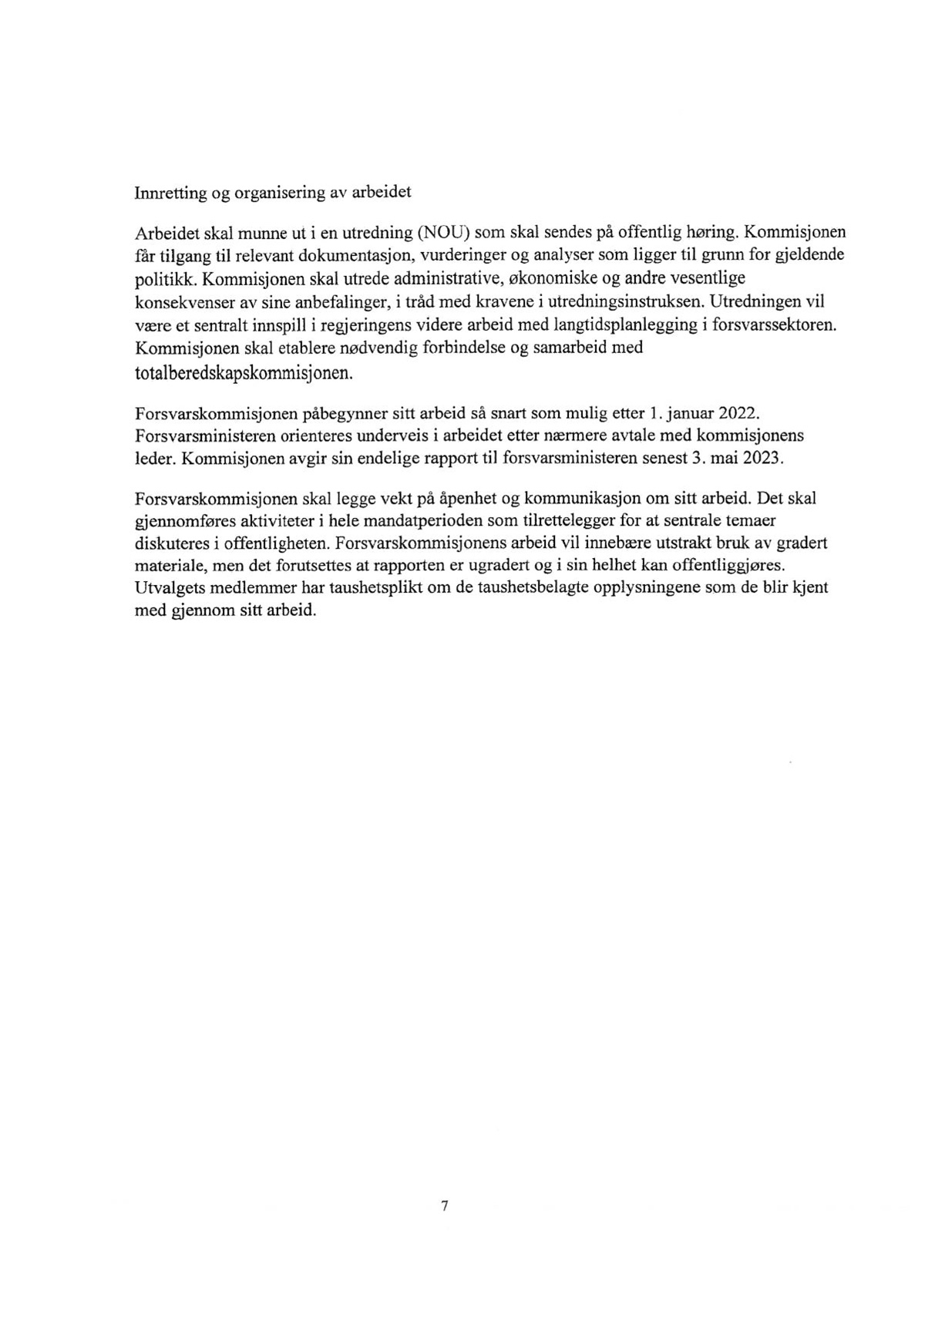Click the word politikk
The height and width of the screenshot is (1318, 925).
tap(160, 277)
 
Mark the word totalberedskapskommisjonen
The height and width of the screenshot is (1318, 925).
tap(244, 373)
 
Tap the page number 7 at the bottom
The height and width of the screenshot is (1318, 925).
tap(445, 1206)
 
